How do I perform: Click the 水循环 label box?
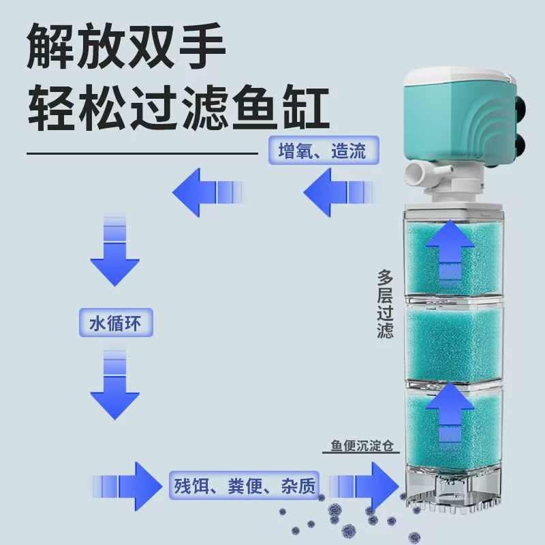click(115, 322)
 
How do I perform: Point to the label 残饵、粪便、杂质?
click(245, 486)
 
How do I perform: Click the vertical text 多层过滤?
click(386, 304)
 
